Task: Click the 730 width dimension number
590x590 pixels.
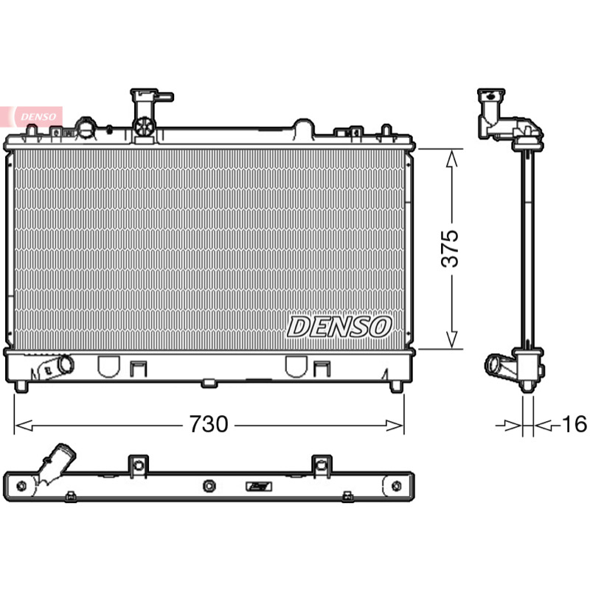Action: [x=209, y=424]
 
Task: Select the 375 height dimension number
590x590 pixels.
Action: [x=450, y=249]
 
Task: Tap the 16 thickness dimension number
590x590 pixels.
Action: [x=575, y=424]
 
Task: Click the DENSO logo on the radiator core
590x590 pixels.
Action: [x=339, y=327]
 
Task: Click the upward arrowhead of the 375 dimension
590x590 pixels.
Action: [x=451, y=159]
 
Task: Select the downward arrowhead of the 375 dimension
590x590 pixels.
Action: [x=451, y=339]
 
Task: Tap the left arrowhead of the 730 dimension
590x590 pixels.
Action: [x=24, y=426]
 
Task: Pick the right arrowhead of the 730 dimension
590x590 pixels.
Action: [x=395, y=426]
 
